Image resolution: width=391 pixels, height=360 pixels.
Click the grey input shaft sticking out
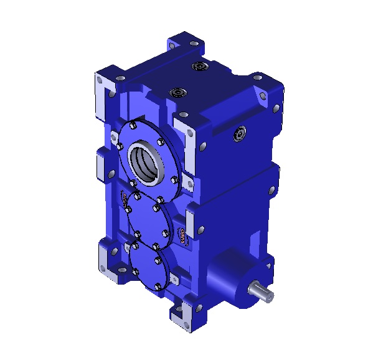pos(260,291)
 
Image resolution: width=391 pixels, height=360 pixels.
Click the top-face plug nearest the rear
pos(199,66)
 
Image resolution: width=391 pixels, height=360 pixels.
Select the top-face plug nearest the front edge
pos(178,93)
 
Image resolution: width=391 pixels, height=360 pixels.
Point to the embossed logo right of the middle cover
pos(181,237)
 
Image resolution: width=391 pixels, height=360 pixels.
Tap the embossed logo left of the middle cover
pos(125,199)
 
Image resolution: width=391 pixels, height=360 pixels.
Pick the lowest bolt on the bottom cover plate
pos(159,288)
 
